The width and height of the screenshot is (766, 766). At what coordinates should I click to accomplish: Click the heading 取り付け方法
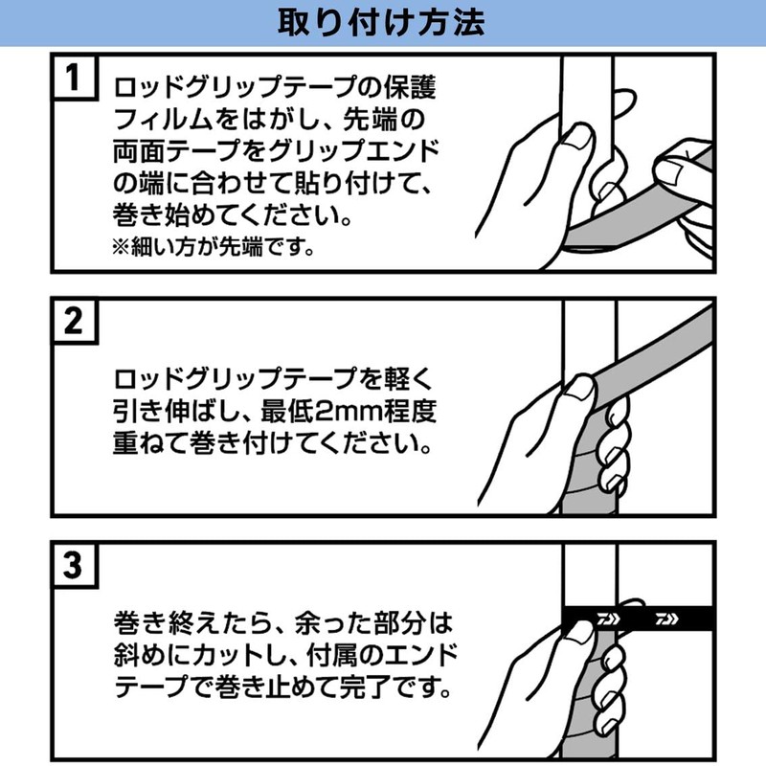click(x=381, y=22)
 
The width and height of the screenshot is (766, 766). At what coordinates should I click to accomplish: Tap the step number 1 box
click(x=75, y=77)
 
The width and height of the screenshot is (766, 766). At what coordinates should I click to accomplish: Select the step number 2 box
click(x=75, y=321)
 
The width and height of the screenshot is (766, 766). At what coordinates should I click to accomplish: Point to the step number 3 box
click(x=75, y=565)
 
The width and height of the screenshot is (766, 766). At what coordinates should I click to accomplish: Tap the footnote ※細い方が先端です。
click(x=214, y=247)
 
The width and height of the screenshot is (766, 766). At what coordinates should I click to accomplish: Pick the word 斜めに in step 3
click(x=152, y=655)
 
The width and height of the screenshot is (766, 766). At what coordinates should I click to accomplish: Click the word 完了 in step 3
click(x=366, y=687)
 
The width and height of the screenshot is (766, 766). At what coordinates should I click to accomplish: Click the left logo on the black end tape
click(x=609, y=619)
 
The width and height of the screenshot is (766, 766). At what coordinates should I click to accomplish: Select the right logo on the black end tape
click(x=666, y=619)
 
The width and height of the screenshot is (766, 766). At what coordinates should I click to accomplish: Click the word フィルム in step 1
click(x=163, y=120)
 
